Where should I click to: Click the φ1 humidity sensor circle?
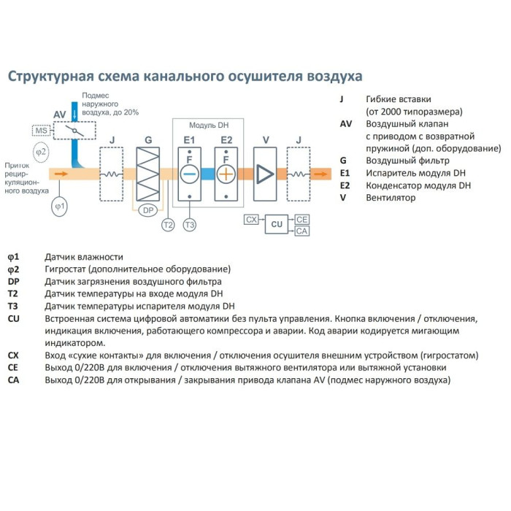(x=60, y=207)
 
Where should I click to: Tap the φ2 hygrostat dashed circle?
(x=42, y=152)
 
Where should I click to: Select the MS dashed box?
(x=41, y=131)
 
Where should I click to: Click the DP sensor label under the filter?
(x=147, y=210)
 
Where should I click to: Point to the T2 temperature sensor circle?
(x=168, y=225)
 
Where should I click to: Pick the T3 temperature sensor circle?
(x=190, y=225)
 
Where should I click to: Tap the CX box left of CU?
(x=252, y=219)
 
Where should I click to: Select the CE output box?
(x=302, y=219)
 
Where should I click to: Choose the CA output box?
(x=302, y=231)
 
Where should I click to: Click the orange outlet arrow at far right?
(x=322, y=174)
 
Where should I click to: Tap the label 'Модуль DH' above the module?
(x=208, y=125)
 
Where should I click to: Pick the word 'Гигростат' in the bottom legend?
(x=68, y=269)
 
